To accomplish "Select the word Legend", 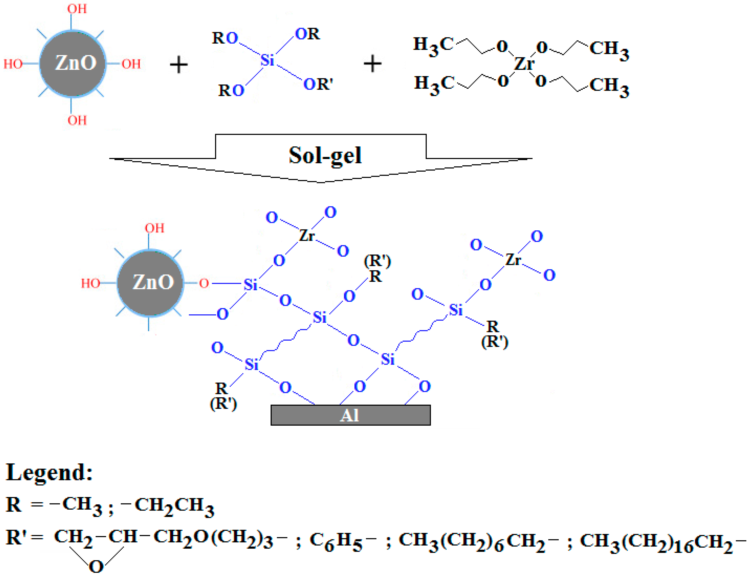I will click(49, 473).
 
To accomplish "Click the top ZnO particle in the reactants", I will click(72, 63).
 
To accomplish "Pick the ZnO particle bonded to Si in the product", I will click(150, 282).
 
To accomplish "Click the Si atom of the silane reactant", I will click(267, 60).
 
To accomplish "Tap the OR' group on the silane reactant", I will click(318, 84).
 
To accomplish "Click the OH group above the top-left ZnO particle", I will click(77, 9).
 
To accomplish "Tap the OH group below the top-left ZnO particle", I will click(77, 120).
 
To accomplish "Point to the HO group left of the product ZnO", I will click(90, 284).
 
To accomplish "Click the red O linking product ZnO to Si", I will click(204, 284).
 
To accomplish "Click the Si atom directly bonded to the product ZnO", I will click(250, 285).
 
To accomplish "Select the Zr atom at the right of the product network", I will click(513, 259).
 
